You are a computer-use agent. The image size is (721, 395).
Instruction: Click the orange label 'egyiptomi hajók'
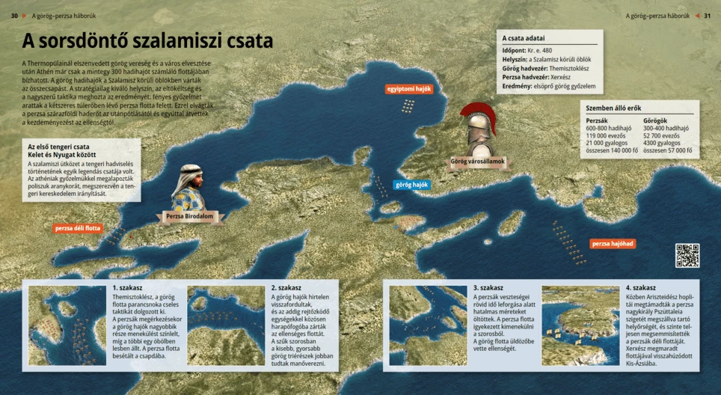[x=409, y=89]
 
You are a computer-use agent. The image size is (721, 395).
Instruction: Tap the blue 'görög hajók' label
[x=411, y=184]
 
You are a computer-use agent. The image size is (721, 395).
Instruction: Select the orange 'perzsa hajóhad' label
[x=613, y=244]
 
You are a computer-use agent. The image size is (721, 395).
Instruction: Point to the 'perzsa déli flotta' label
[x=78, y=227]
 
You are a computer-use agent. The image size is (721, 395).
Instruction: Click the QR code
[x=687, y=255]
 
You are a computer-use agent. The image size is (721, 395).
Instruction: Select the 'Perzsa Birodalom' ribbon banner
[x=190, y=217]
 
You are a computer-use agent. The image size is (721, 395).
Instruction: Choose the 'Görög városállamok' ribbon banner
[x=478, y=162]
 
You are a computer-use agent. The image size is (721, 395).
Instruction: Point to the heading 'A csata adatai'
[x=524, y=38]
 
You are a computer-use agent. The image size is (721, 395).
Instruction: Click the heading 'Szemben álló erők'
[x=613, y=108]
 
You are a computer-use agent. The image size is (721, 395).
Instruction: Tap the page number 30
[x=14, y=16]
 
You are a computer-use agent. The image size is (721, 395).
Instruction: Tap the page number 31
[x=707, y=16]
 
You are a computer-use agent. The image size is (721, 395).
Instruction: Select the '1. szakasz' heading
[x=128, y=287]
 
